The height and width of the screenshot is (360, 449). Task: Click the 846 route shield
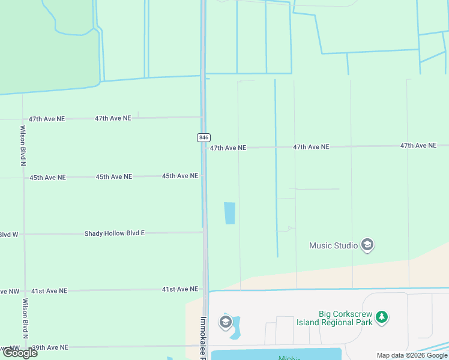point(203,137)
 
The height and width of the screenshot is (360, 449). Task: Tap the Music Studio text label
point(333,245)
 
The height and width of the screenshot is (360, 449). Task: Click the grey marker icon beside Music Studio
point(367,245)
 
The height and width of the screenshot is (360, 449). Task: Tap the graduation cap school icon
point(225,323)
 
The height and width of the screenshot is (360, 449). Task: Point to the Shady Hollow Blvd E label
point(114,233)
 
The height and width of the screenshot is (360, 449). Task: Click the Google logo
point(20,353)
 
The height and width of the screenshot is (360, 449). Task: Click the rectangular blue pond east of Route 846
point(229,213)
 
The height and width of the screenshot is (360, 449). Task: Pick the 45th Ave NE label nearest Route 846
point(180,176)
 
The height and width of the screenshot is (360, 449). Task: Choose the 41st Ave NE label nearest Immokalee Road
point(180,289)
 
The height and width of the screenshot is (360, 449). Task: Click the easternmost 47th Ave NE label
point(418,145)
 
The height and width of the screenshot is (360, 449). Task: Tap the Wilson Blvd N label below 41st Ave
point(25,317)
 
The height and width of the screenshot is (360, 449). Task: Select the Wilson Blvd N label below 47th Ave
point(23,145)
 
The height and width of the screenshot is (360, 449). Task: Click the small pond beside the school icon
point(235,328)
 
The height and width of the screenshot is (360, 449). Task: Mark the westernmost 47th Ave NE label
point(47,119)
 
